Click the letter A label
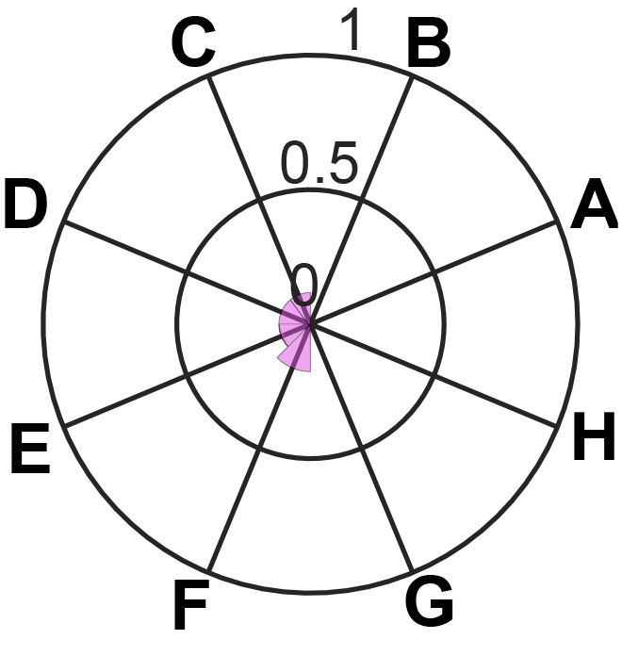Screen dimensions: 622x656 pos(594,204)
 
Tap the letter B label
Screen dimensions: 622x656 pos(429,41)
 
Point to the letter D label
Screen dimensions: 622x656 pos(25,204)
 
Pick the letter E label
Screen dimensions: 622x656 pos(30,449)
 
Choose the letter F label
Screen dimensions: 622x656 pos(190,604)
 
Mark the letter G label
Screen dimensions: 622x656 pos(429,600)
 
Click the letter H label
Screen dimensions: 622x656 pos(594,436)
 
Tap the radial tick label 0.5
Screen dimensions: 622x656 pos(320,164)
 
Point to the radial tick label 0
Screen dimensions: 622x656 pos(304,286)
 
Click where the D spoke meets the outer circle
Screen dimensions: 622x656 pos(63,221)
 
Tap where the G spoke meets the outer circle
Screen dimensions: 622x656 pos(413,571)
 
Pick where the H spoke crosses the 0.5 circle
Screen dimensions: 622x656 pos(434,375)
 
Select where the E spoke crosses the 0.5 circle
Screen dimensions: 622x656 pos(187,375)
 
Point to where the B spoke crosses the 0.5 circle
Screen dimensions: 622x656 pos(362,200)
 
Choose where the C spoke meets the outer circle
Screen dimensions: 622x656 pos(208,76)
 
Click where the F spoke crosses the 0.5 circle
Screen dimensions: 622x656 pos(259,448)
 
